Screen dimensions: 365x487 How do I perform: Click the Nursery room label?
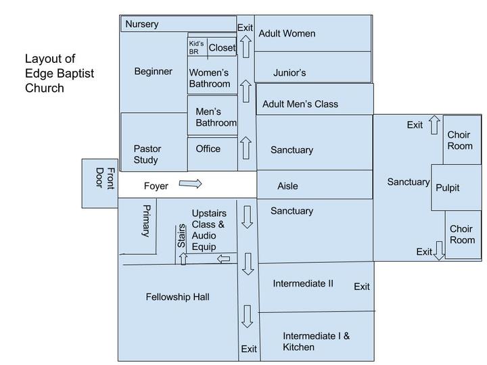[142, 24]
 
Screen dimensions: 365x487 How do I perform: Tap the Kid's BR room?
[196, 47]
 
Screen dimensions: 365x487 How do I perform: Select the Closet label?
[222, 47]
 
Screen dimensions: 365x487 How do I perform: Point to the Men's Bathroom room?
[216, 117]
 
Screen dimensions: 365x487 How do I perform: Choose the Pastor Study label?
[147, 154]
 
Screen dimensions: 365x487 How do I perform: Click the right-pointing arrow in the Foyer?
[191, 184]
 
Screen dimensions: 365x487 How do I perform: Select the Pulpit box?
[447, 187]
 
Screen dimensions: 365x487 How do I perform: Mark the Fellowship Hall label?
[178, 297]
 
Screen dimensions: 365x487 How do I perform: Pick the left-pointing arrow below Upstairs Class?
[223, 258]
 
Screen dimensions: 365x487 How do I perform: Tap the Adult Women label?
[287, 33]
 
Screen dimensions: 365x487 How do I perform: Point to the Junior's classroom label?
[289, 72]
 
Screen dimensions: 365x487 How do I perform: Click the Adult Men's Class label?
[300, 103]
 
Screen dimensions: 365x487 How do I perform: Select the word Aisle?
[287, 186]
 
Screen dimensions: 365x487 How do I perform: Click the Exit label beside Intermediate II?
[362, 287]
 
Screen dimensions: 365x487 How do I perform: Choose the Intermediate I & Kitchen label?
[316, 341]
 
